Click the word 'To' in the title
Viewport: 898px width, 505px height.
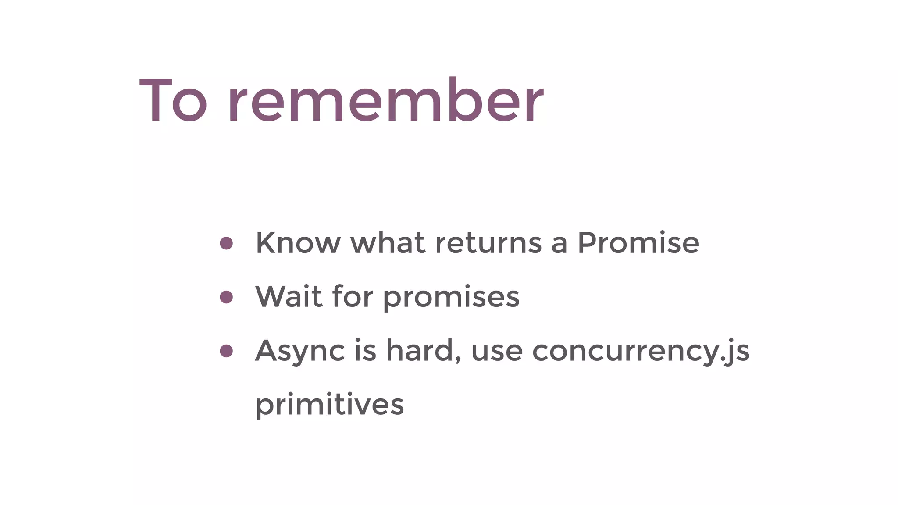173,101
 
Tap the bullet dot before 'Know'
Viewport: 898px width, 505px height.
226,243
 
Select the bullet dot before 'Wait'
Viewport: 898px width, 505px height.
226,297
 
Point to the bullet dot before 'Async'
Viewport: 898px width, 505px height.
226,351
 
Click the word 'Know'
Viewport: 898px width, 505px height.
298,243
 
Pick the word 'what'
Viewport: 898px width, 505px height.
388,243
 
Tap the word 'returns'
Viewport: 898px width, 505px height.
488,244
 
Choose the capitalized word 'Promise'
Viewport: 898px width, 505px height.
638,243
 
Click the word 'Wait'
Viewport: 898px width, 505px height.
289,297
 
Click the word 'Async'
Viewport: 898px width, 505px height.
300,352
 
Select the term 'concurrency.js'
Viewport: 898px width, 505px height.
641,352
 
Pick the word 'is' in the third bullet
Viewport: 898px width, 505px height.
365,351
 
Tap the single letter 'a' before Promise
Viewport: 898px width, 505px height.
559,245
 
